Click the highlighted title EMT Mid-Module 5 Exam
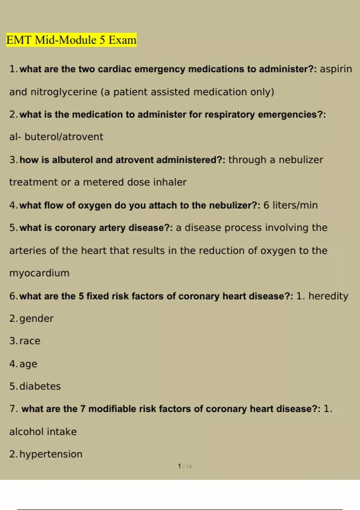coord(71,40)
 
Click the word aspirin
coord(336,69)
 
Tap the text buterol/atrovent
coord(64,137)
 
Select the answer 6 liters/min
coord(290,205)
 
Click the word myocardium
coord(39,273)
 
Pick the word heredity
coord(328,296)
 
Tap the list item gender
coord(36,319)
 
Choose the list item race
coord(30,341)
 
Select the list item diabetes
coord(40,386)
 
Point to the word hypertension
coord(51,454)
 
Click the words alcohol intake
coord(43,432)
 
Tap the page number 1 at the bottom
coord(179,466)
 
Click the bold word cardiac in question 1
coord(115,69)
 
